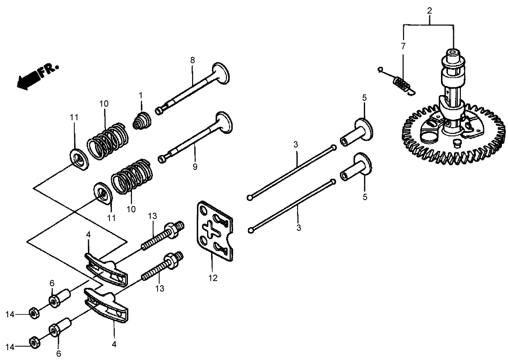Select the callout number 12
coord(213,278)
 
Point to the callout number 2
coord(428,11)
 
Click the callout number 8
coord(192,60)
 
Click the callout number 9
coord(195,167)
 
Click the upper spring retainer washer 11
coord(78,160)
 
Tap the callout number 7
coord(403,46)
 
